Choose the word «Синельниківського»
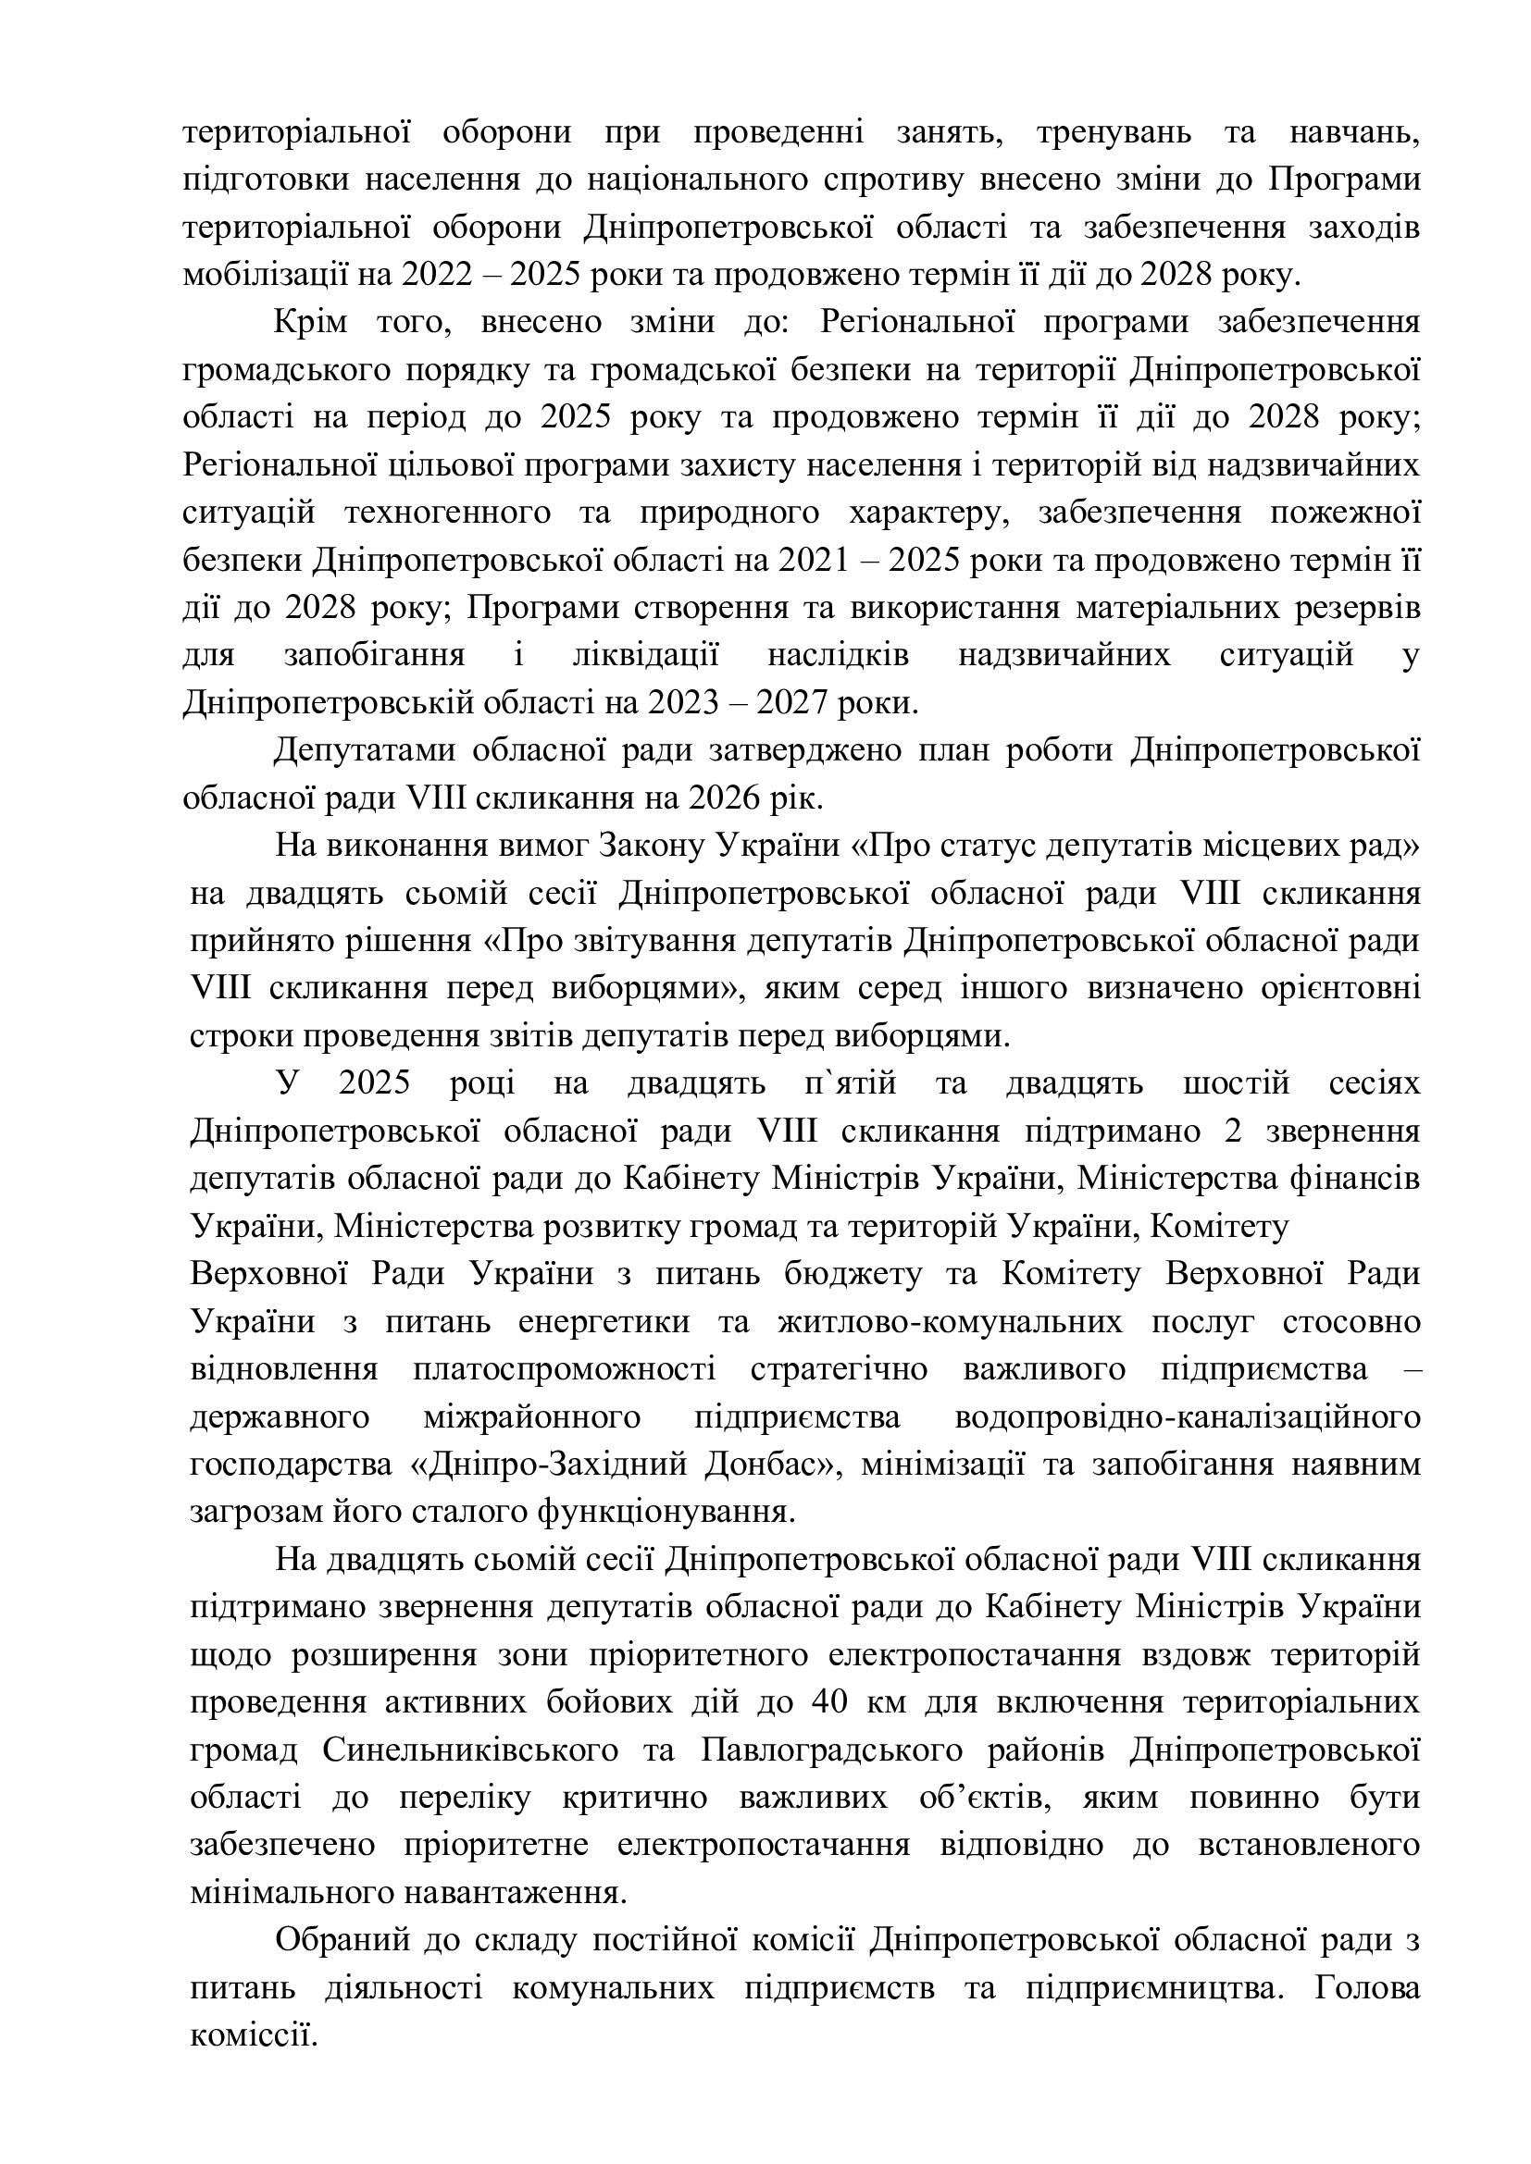pos(469,1750)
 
